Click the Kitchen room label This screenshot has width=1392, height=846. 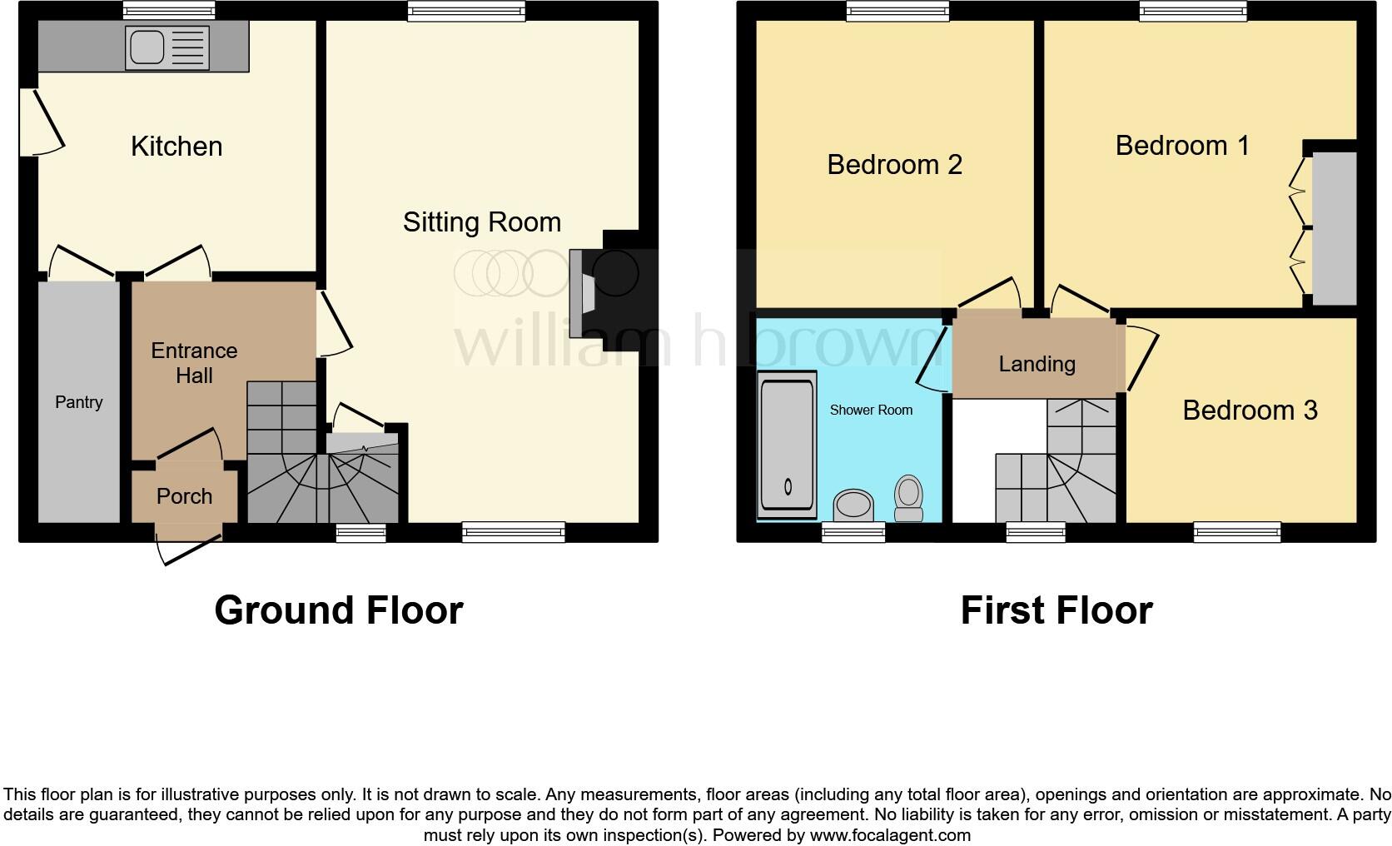176,147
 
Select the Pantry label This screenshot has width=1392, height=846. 79,402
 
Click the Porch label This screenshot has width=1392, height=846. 184,496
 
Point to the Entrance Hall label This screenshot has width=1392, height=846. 194,363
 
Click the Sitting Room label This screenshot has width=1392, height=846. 482,222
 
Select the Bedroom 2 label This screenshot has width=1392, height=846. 894,165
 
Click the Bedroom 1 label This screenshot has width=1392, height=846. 1182,146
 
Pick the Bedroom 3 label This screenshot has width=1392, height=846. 1250,411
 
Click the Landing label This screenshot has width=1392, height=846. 1037,364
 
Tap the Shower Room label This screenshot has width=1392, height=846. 871,410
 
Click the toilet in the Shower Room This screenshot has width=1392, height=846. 907,497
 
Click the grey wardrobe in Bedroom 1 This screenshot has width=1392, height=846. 1335,228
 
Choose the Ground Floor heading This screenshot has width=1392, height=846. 338,610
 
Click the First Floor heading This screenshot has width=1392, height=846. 1056,610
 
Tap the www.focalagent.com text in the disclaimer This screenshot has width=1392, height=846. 889,834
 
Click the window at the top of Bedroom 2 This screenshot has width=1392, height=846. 898,11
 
